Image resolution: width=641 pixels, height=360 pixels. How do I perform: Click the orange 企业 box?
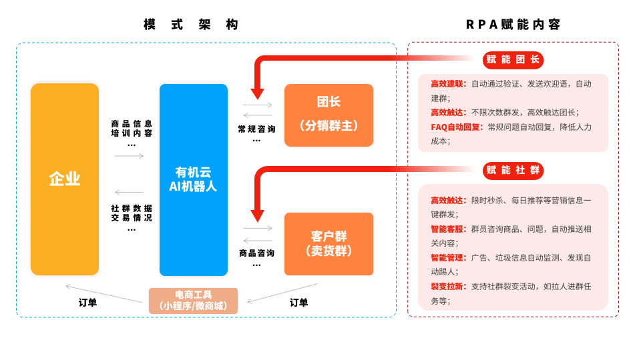[x=65, y=179]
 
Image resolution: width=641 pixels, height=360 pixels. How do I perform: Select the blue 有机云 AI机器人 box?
[x=193, y=179]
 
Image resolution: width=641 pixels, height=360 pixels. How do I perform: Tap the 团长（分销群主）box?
[x=329, y=115]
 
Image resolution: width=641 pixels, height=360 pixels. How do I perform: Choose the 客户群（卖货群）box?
[x=329, y=243]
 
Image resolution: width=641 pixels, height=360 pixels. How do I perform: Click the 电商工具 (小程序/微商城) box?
[x=193, y=301]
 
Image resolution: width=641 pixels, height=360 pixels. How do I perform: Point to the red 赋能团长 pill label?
[x=513, y=60]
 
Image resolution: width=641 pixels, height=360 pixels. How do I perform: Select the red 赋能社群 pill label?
[x=513, y=171]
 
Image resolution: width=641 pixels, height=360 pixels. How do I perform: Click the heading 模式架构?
[x=192, y=25]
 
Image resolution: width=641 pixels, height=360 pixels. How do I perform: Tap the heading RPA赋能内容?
[x=513, y=25]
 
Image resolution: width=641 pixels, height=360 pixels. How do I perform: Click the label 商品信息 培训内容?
[x=132, y=129]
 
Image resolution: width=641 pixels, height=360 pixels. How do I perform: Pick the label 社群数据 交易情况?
[x=132, y=213]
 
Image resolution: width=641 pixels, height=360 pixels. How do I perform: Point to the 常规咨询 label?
[x=256, y=129]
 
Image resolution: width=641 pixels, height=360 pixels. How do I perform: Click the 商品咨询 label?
[x=256, y=253]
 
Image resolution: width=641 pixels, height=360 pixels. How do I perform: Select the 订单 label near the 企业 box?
[x=87, y=303]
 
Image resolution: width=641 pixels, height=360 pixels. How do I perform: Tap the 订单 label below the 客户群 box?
[x=298, y=303]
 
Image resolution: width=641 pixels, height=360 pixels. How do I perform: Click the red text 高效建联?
[x=448, y=83]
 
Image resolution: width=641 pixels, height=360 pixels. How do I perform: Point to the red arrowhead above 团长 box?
[x=257, y=94]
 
